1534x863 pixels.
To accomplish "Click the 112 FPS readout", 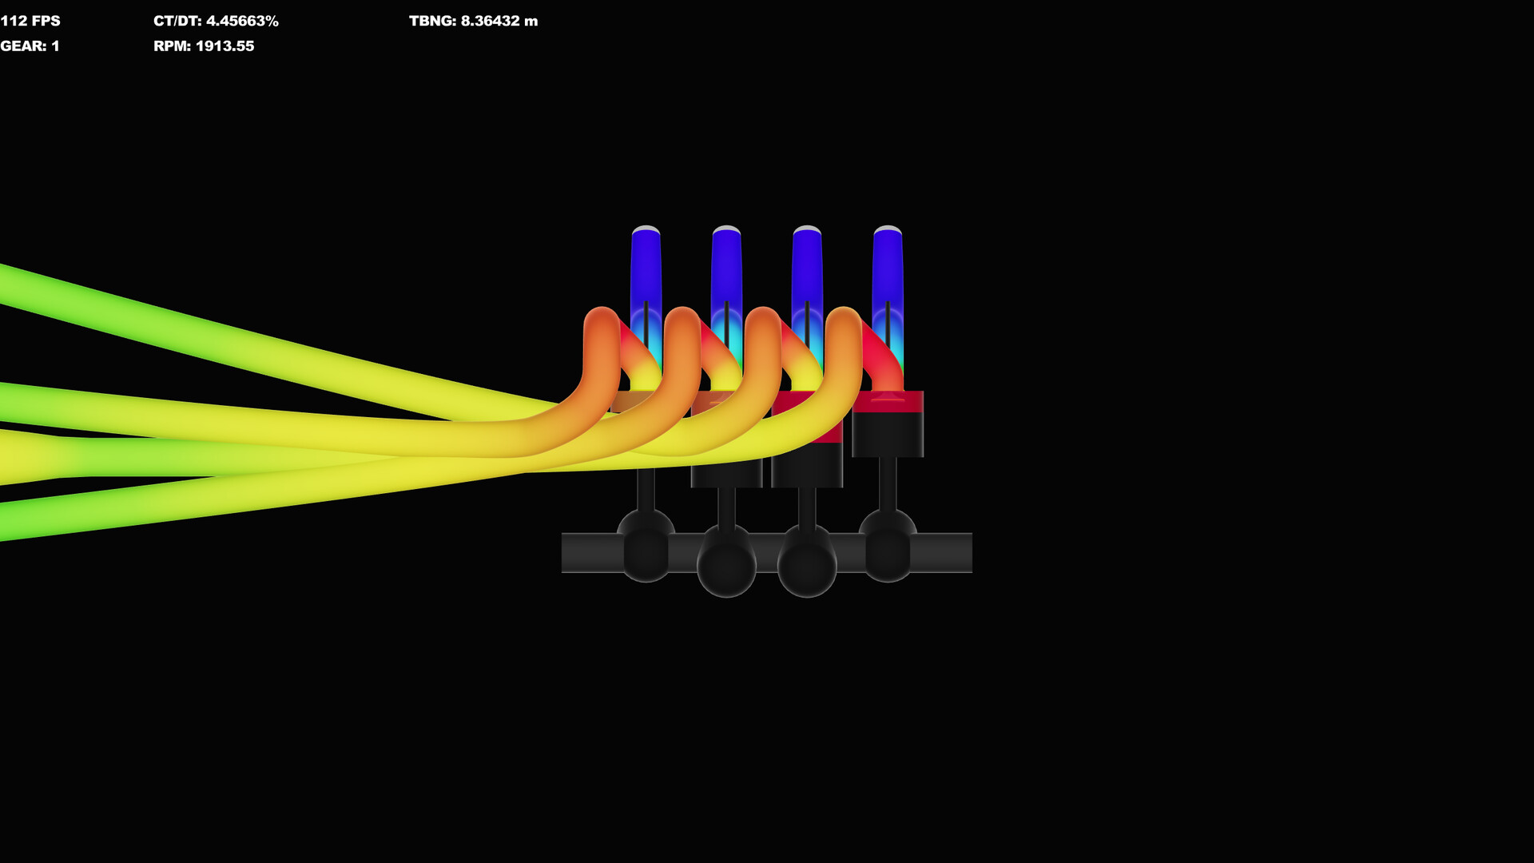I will tap(30, 21).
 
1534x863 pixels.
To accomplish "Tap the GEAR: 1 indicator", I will tap(30, 46).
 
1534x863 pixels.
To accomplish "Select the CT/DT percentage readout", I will tap(216, 21).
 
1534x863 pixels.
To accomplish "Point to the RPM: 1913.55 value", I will tap(204, 46).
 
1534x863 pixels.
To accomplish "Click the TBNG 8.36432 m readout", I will tap(473, 21).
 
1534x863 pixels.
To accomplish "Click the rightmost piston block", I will tap(888, 428).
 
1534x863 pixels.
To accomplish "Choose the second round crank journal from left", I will tap(726, 563).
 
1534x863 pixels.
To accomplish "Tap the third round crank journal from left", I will tap(807, 563).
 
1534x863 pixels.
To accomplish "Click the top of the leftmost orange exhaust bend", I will tap(602, 316).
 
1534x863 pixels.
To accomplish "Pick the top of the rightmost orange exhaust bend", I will tap(844, 316).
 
